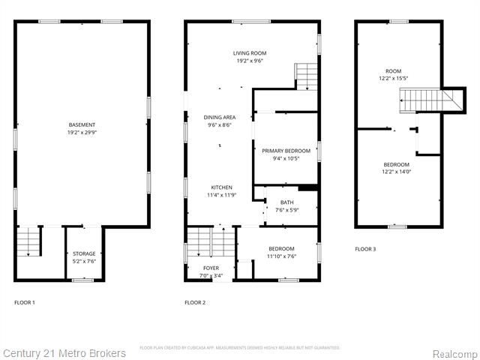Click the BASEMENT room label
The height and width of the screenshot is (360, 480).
[x=82, y=124]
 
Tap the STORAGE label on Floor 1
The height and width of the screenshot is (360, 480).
[x=82, y=253]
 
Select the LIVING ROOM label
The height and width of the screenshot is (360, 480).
[x=250, y=53]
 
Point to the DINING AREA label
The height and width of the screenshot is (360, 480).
[x=219, y=118]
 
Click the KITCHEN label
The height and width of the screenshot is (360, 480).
[x=221, y=187]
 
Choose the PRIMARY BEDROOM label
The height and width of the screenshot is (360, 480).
[x=286, y=151]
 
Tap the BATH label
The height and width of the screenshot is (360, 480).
[x=287, y=202]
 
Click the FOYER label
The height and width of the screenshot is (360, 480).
[x=211, y=268]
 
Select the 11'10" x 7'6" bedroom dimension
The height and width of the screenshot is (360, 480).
[x=282, y=256]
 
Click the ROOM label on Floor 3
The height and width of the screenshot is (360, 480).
[x=396, y=70]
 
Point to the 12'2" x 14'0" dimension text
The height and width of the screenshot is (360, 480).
[x=396, y=172]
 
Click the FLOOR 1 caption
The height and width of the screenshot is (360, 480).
[x=25, y=302]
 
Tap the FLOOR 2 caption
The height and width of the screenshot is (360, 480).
[x=195, y=302]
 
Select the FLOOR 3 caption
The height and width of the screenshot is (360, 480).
[x=365, y=248]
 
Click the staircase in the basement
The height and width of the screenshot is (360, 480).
[x=28, y=241]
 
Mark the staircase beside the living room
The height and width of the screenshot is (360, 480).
[x=307, y=76]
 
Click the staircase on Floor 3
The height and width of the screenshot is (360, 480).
[x=420, y=99]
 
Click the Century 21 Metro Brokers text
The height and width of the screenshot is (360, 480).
[x=64, y=353]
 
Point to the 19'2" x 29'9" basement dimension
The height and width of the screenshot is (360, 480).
[x=82, y=132]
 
